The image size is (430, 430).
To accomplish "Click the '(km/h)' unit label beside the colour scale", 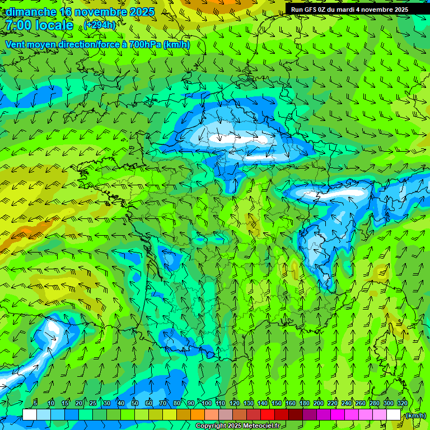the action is coord(415,415).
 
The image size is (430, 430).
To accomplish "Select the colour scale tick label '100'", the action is coord(207,403).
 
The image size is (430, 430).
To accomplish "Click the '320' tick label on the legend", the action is coord(402,403).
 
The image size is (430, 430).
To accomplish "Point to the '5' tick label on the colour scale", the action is coord(35,403).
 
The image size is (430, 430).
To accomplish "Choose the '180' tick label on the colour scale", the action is coord(305,403).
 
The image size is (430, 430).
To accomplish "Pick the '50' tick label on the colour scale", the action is coord(135,403).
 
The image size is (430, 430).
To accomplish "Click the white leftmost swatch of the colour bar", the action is coord(30,414).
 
